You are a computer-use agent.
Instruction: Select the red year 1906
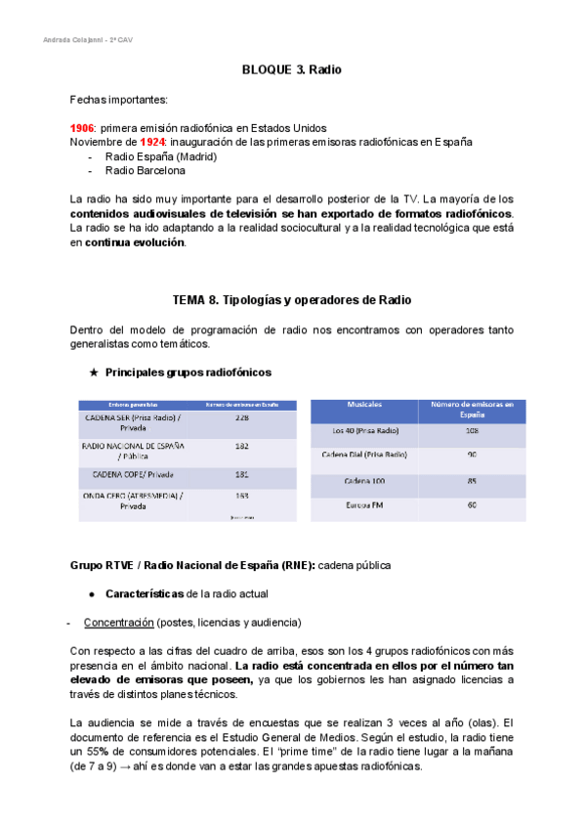coord(82,128)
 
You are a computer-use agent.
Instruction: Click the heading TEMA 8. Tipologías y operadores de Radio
coord(291,298)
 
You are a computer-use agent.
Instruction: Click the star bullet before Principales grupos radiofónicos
coord(94,372)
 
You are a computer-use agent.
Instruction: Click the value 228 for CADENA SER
coord(243,417)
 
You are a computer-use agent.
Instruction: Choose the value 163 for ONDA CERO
coord(243,496)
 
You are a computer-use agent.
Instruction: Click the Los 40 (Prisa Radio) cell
coord(363,430)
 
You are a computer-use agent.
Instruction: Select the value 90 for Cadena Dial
coord(472,455)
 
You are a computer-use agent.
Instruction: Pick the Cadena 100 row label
coord(363,481)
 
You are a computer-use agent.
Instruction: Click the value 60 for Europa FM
coord(472,505)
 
